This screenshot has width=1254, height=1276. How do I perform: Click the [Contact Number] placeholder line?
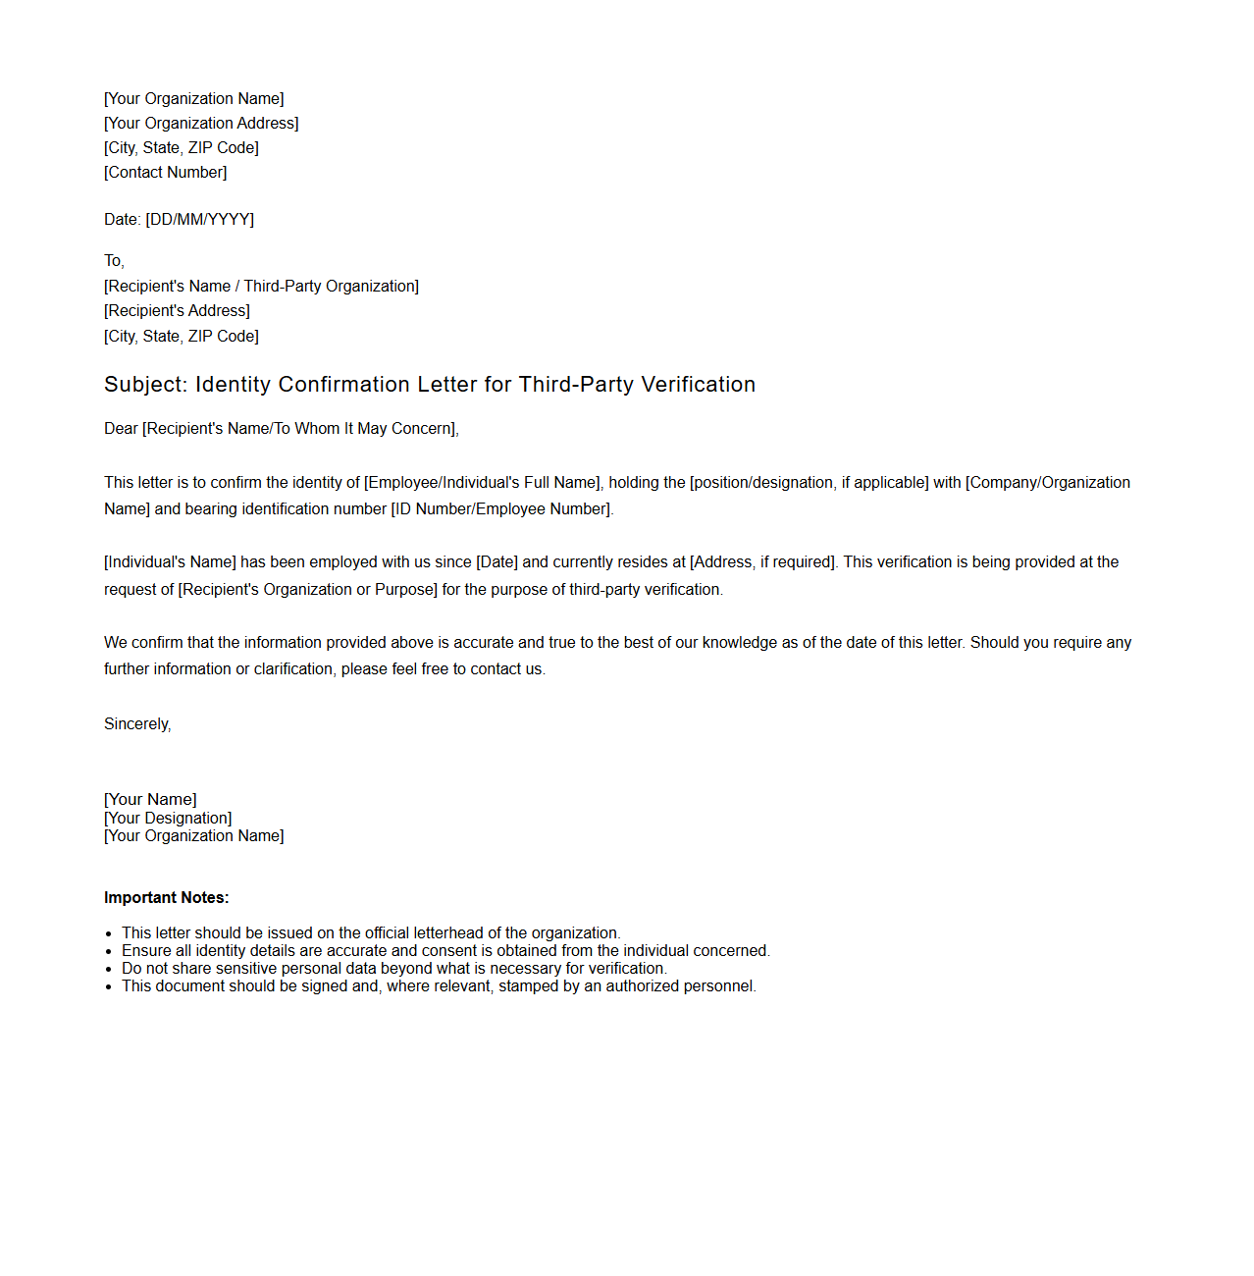(x=165, y=173)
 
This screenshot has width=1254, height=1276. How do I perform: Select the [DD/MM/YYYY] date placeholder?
(x=199, y=220)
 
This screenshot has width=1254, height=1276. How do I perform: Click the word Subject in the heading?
(x=144, y=385)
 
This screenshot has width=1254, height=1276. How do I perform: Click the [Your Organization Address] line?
(x=201, y=124)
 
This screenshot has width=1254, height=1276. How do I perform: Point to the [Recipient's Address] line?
(x=177, y=311)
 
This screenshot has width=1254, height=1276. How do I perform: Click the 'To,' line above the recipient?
(x=114, y=261)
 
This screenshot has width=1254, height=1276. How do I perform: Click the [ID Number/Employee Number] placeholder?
(x=500, y=509)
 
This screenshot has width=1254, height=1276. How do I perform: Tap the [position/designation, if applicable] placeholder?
(x=809, y=483)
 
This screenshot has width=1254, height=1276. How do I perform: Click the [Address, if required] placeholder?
(x=763, y=562)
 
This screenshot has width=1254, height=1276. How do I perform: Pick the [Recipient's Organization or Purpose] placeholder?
(x=307, y=590)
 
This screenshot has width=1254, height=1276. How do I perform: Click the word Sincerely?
(x=136, y=724)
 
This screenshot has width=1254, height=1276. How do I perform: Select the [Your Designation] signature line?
(x=168, y=819)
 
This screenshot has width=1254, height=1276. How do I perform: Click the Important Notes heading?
(x=166, y=898)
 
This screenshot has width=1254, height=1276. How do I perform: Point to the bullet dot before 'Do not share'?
(x=109, y=970)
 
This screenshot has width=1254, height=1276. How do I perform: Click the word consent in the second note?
(x=448, y=951)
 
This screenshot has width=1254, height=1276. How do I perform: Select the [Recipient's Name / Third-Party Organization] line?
(x=261, y=287)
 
